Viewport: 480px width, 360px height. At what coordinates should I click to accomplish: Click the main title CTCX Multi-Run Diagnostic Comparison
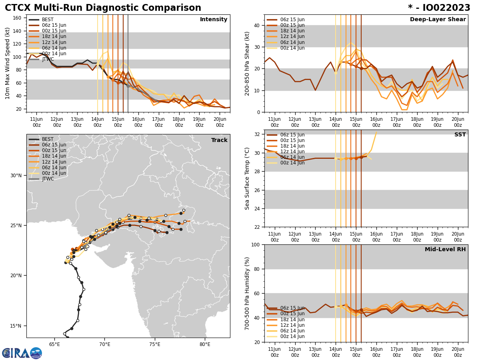[x=103, y=8]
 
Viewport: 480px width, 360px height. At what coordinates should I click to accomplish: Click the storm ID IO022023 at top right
[x=439, y=8]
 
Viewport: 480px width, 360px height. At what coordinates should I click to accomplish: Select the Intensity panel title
[x=214, y=20]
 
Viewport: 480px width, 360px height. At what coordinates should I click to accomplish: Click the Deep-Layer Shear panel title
[x=438, y=20]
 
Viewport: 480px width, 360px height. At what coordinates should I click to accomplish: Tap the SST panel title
[x=460, y=135]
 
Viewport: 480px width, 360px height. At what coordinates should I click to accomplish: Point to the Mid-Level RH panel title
[x=445, y=250]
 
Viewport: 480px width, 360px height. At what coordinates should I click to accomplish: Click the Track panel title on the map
[x=219, y=140]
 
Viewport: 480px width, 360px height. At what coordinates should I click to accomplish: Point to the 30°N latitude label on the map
[x=16, y=176]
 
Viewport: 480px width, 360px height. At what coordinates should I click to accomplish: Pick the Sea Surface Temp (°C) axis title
[x=247, y=178]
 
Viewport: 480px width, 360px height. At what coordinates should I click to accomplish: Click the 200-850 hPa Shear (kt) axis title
[x=247, y=63]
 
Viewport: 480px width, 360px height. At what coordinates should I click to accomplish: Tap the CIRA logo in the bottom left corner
[x=22, y=353]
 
